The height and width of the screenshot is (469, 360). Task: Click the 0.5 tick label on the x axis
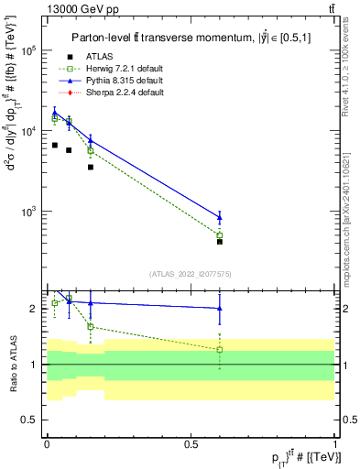tap(191, 442)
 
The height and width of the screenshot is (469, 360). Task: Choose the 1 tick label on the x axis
tap(335, 442)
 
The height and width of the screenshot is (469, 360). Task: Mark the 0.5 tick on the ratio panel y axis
tap(30, 420)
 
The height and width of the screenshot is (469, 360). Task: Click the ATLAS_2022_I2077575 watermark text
tap(191, 273)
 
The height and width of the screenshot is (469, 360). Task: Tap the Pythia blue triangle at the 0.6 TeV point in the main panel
tap(220, 216)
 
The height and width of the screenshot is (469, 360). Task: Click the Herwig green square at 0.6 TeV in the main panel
tap(220, 235)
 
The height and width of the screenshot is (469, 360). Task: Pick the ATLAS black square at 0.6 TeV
tap(220, 242)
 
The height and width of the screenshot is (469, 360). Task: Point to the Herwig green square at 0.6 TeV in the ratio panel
tap(220, 350)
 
